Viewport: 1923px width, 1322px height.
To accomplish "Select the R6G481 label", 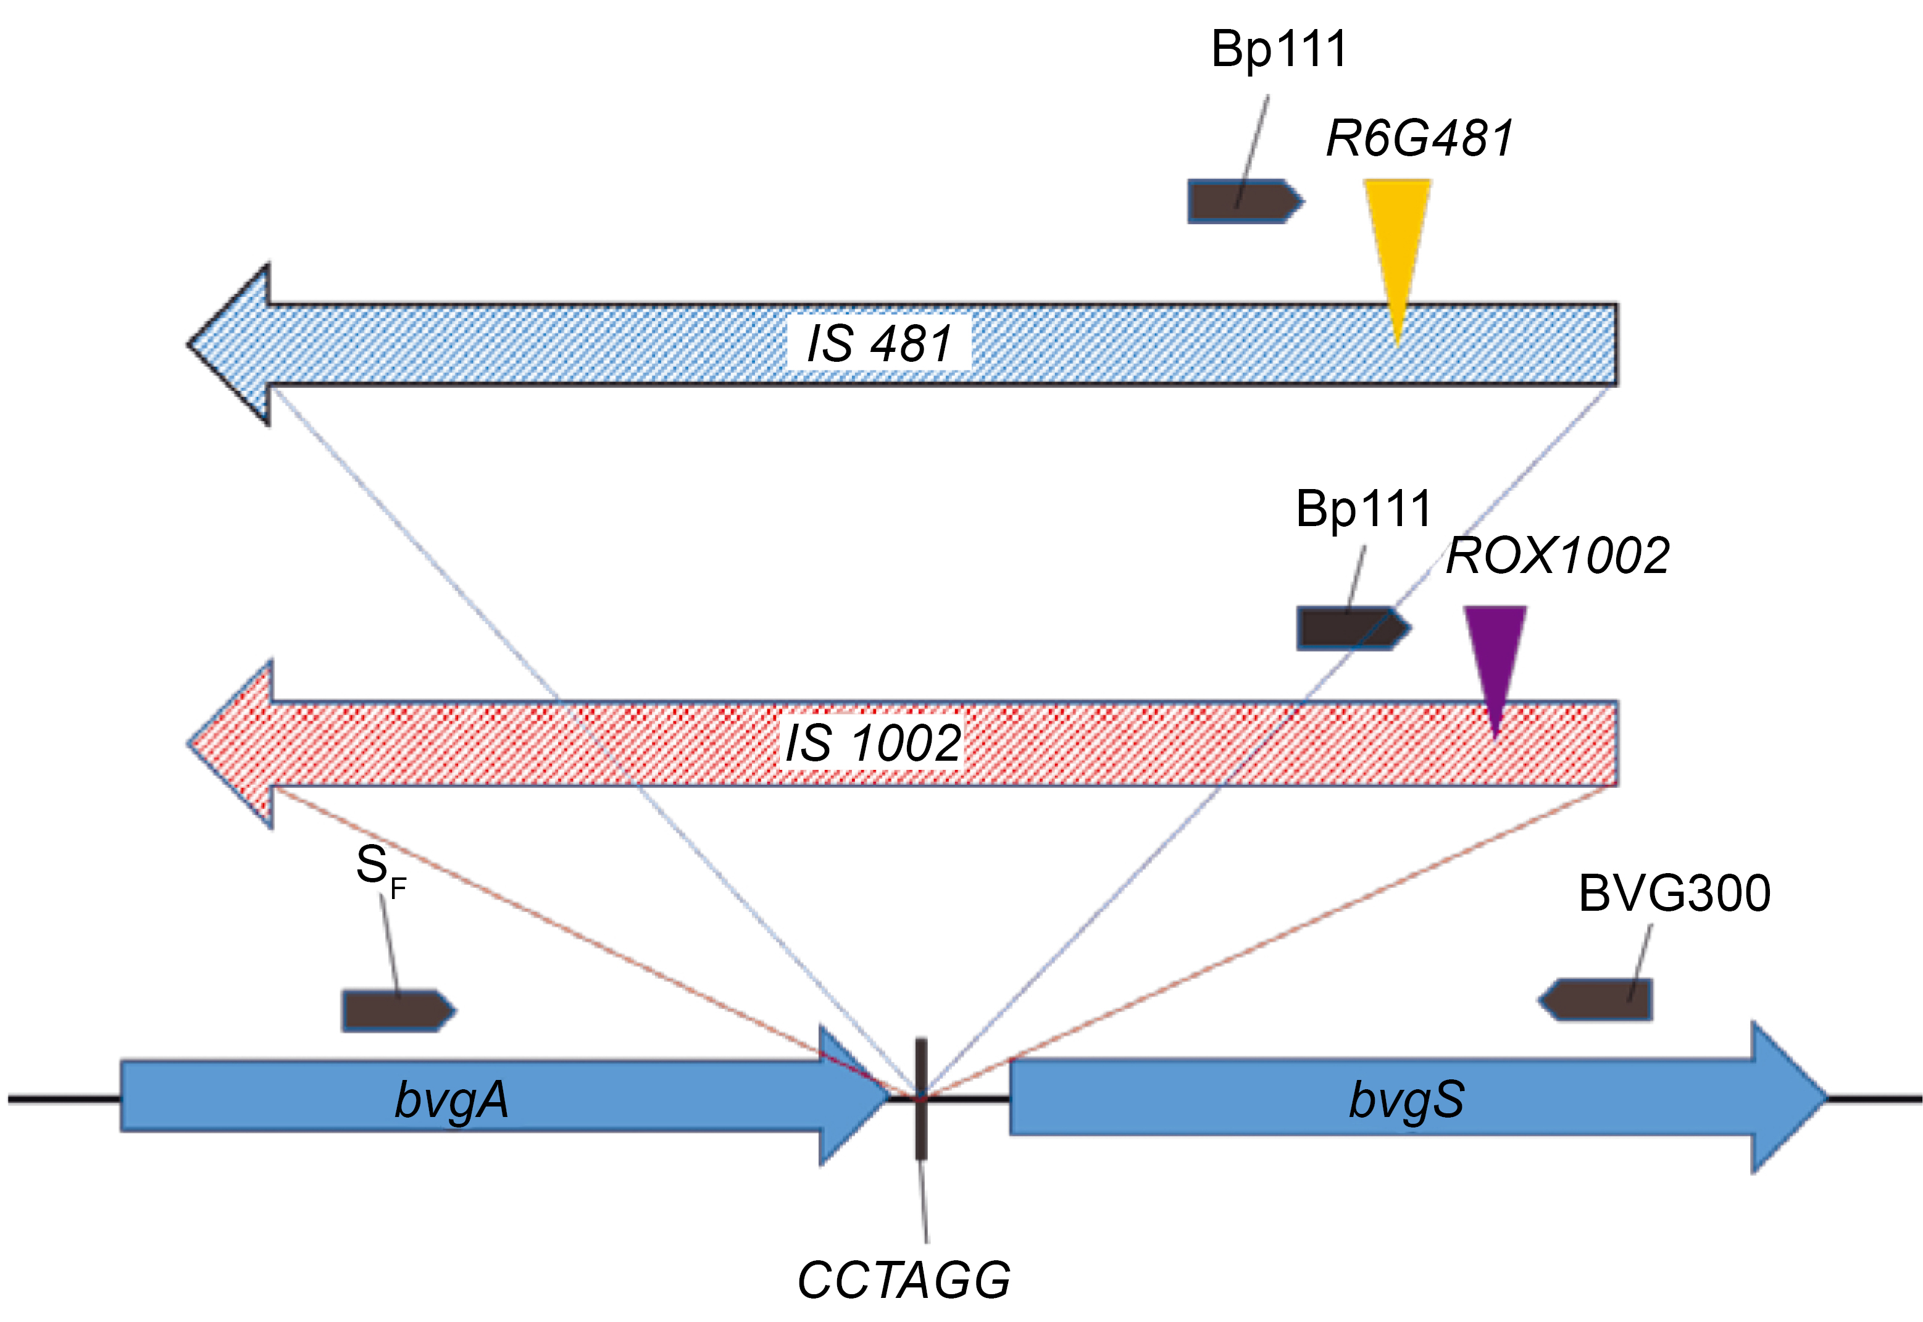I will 1419,138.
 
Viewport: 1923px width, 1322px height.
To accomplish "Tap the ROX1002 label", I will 1557,556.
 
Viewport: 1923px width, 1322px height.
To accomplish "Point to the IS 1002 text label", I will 872,743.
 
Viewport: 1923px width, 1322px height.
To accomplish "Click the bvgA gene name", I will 451,1100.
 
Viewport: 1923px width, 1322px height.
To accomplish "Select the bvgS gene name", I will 1406,1100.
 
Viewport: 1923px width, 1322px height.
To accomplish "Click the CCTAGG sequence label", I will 904,1281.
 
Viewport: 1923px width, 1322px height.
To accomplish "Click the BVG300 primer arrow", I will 1596,1000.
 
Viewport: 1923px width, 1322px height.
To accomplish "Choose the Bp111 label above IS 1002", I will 1363,509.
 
